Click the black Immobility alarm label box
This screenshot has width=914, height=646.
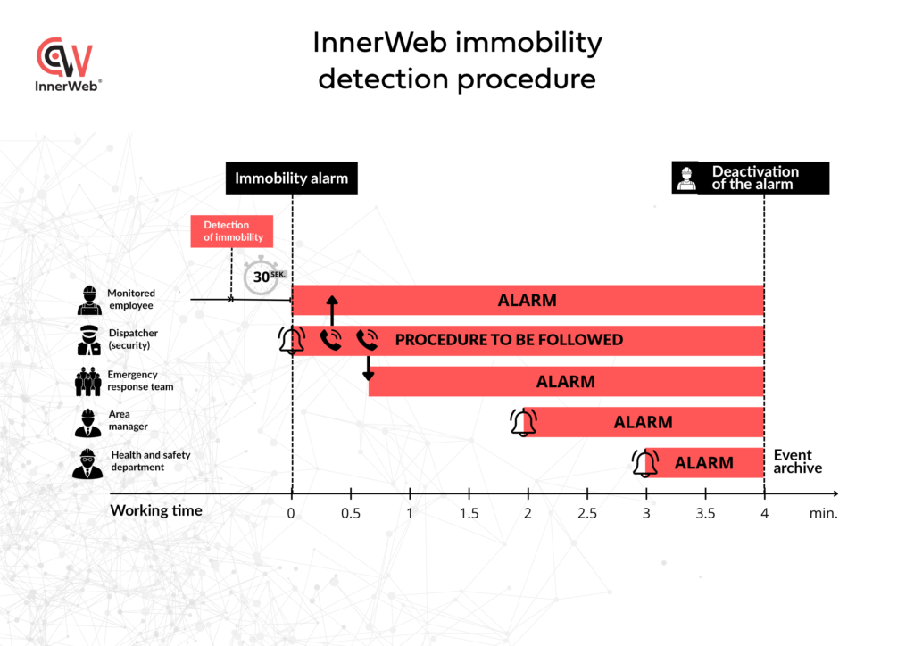(291, 178)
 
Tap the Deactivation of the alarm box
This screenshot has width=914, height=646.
(751, 178)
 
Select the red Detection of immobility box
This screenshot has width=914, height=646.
(231, 231)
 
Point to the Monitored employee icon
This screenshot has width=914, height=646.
(88, 300)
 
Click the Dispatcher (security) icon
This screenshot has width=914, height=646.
(88, 340)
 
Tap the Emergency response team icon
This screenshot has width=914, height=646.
(87, 381)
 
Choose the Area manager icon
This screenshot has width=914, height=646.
(87, 422)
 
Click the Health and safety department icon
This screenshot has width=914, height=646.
(87, 463)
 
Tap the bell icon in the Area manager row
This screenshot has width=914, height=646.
(523, 422)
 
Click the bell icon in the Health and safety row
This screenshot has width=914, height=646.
(644, 463)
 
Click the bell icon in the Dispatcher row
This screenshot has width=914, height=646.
(291, 340)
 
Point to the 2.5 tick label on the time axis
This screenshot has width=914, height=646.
(587, 513)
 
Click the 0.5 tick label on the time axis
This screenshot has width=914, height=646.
(351, 513)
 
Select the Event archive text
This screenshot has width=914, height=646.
(797, 461)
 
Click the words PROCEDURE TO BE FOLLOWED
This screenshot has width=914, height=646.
(509, 340)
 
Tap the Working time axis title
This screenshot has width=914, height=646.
(156, 510)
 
